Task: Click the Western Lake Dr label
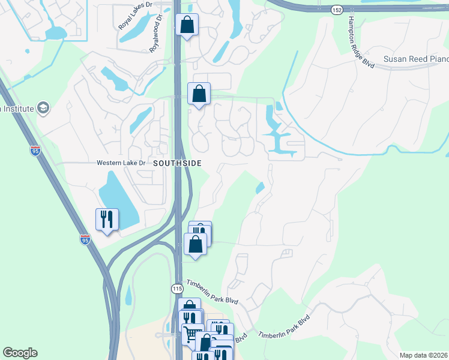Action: [121, 163]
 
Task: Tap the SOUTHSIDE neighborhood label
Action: [176, 163]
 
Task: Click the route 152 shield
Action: [337, 10]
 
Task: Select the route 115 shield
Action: [176, 289]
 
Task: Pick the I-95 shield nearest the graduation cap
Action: [36, 150]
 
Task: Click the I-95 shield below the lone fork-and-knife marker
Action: [85, 239]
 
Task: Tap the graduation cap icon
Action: [43, 108]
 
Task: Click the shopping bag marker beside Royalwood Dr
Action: [187, 25]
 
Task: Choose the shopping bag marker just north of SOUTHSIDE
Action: [199, 94]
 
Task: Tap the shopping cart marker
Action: [193, 334]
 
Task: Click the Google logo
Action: [20, 353]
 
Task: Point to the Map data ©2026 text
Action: [423, 355]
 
